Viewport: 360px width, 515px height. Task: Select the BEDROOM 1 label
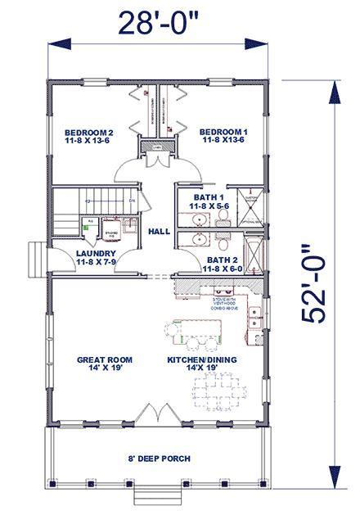point(223,137)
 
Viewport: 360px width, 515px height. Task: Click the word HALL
point(159,232)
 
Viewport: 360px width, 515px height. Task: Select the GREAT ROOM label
point(105,364)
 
